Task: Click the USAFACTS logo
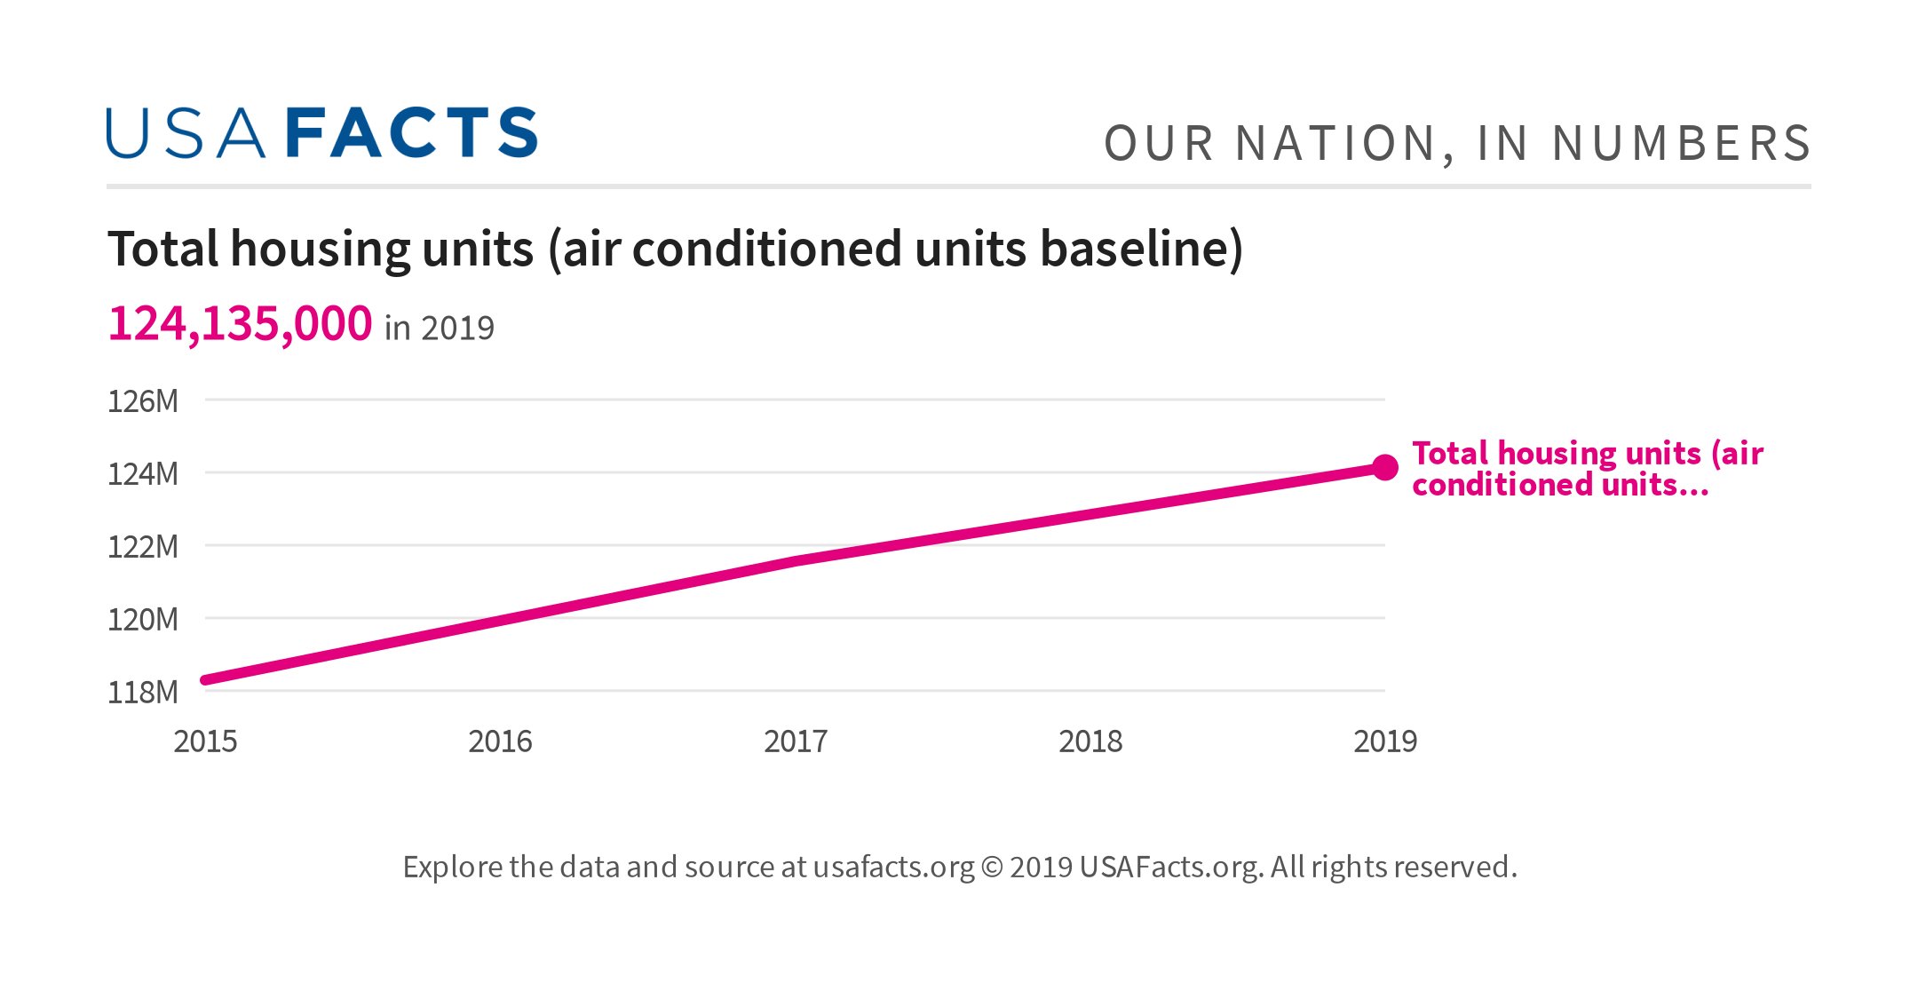pos(321,133)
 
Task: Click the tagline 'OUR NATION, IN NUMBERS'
pos(1456,144)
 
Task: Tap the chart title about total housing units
pos(675,249)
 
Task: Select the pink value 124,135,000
pos(240,323)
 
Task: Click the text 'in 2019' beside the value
pos(440,329)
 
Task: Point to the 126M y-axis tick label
pos(143,401)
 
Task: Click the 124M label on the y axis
pos(143,474)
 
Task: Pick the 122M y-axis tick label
pos(143,547)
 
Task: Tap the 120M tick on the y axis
pos(143,620)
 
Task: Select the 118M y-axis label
pos(143,693)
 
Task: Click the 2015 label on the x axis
pos(205,741)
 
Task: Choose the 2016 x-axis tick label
pos(500,741)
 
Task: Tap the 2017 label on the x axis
pos(796,741)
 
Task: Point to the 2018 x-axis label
pos(1090,741)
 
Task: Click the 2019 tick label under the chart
pos(1385,741)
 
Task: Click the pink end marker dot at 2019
pos(1385,467)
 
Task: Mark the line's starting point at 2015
pos(206,680)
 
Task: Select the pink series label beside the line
pos(1586,469)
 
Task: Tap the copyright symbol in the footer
pos(992,868)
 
